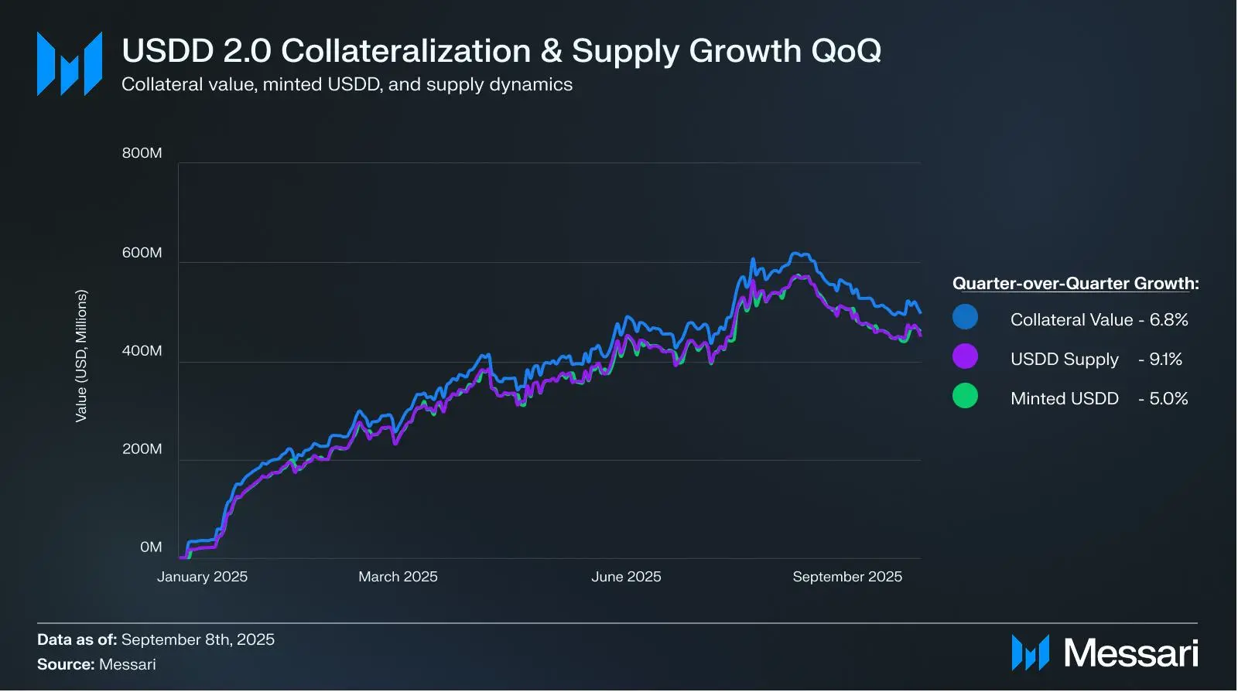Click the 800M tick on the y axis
142,153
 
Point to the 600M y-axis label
142,252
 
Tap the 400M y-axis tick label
142,351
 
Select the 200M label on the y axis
142,449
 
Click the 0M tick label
151,547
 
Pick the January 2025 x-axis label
202,577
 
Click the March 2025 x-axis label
398,577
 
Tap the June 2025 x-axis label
626,577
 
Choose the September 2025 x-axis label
847,577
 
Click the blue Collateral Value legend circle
965,317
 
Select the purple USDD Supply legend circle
965,356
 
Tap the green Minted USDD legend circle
965,395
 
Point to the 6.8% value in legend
1168,320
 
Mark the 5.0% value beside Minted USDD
1168,399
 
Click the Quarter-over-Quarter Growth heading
1076,284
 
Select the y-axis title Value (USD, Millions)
81,356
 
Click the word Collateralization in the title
406,51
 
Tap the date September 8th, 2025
198,640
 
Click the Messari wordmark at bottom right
1130,653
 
